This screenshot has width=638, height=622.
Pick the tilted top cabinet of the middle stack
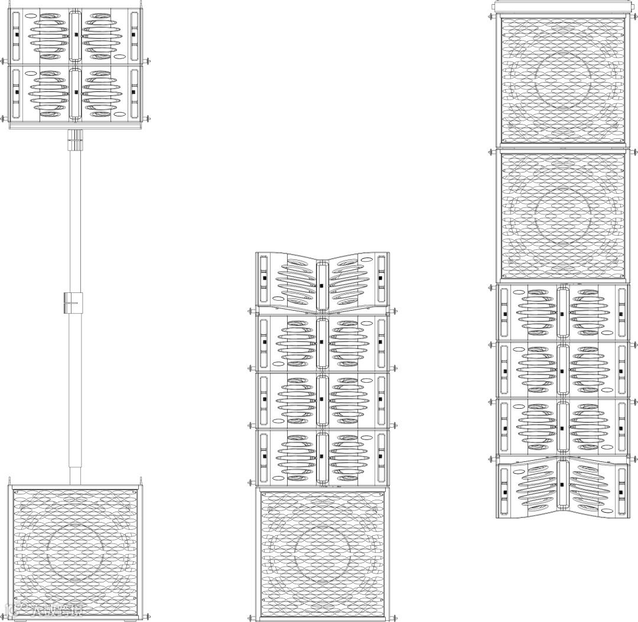click(322, 282)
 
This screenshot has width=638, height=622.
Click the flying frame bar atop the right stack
click(562, 6)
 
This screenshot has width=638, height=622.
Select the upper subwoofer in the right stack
click(562, 80)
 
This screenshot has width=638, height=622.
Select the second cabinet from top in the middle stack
click(322, 343)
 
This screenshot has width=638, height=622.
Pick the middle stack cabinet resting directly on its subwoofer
click(322, 458)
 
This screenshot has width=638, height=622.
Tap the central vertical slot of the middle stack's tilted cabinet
click(322, 285)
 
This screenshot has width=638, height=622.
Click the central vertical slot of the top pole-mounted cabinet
click(75, 35)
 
